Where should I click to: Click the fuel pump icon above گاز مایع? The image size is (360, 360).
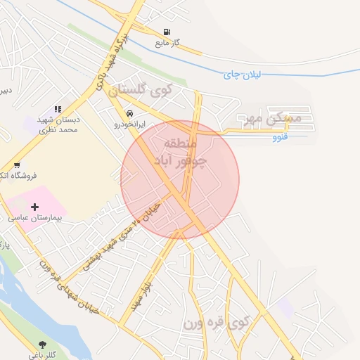[167, 32]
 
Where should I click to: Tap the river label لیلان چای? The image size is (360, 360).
[241, 74]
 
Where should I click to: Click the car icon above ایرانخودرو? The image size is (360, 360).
[130, 112]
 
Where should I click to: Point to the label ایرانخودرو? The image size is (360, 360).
[130, 123]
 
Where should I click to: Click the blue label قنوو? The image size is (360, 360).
[281, 138]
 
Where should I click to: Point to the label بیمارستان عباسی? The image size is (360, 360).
[34, 218]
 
